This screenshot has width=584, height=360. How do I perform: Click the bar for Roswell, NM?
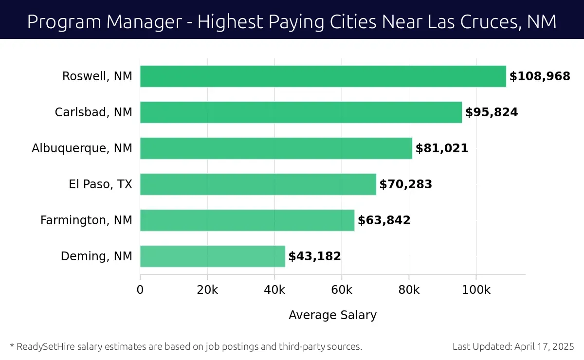323,76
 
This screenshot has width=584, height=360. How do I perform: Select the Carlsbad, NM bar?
301,112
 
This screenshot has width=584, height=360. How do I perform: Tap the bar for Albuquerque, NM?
276,148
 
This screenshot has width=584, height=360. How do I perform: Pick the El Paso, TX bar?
258,184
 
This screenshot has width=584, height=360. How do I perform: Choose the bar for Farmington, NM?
247,220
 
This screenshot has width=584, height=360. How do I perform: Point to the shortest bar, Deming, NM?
212,256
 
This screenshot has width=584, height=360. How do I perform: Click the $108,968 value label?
539,76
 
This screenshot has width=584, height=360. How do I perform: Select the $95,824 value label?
492,112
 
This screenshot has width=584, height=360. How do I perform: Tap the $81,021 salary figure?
441,148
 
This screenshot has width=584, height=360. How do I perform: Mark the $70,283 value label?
405,184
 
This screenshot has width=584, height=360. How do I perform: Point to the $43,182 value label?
314,256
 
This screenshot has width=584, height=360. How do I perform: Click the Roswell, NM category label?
97,76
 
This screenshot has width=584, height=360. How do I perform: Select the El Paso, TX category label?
101,184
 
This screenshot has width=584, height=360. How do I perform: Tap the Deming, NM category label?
96,256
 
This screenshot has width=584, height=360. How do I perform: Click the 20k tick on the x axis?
207,290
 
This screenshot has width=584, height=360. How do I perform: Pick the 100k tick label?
476,290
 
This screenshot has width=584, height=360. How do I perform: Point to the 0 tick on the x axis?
140,290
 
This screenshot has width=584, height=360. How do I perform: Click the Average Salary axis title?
332,315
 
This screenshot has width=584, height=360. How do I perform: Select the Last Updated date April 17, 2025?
544,347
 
